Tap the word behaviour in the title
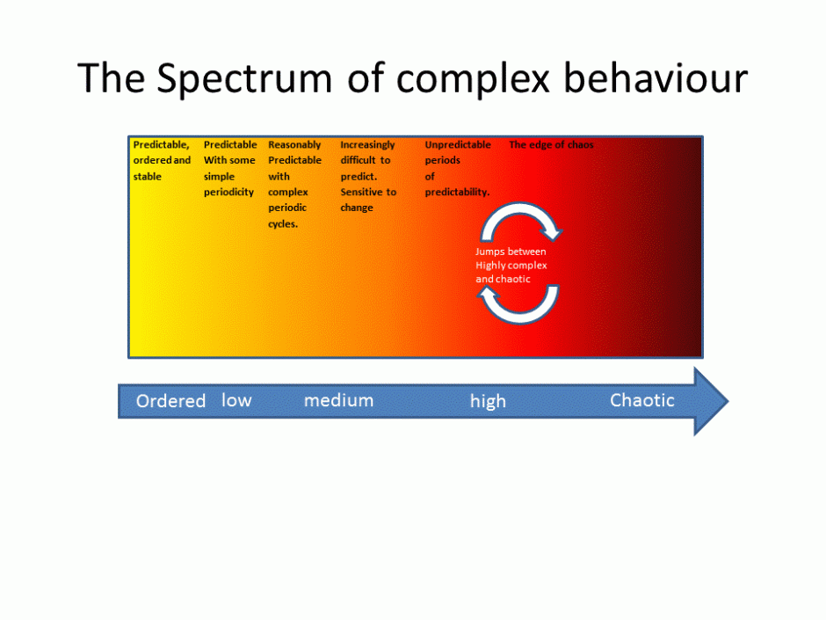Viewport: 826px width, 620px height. click(655, 78)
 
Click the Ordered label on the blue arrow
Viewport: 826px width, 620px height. click(170, 401)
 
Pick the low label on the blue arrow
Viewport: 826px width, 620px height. click(236, 400)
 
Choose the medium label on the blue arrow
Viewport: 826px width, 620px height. click(338, 400)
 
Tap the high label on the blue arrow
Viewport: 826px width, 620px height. click(488, 401)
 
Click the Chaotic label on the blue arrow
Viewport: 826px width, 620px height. click(642, 400)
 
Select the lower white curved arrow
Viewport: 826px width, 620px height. click(518, 307)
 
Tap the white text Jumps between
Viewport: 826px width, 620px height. click(511, 252)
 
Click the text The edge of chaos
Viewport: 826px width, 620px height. click(551, 144)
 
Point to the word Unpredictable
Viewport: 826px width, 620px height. click(458, 144)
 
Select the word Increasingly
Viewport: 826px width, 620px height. click(367, 144)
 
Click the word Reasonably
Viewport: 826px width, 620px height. click(294, 144)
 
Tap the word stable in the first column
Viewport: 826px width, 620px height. click(148, 176)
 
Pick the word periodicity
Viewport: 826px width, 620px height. click(228, 192)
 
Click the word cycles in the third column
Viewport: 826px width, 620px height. click(283, 224)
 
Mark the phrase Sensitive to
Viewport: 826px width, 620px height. click(368, 192)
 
